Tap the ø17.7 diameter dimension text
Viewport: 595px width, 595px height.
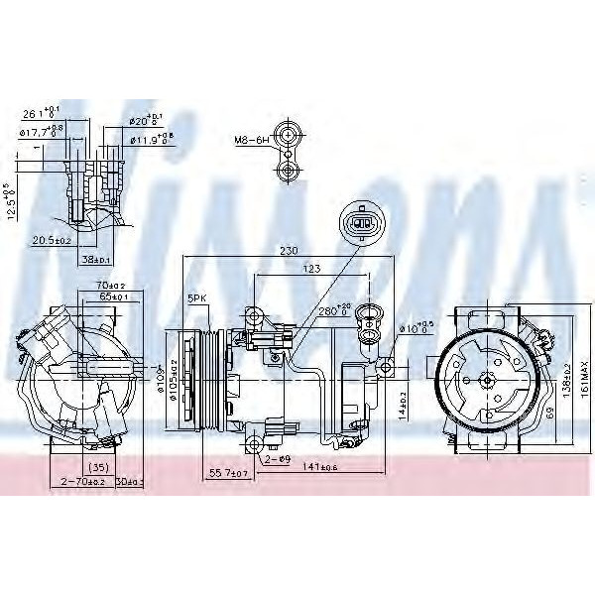coord(37,132)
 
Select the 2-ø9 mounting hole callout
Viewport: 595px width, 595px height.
coord(277,460)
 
